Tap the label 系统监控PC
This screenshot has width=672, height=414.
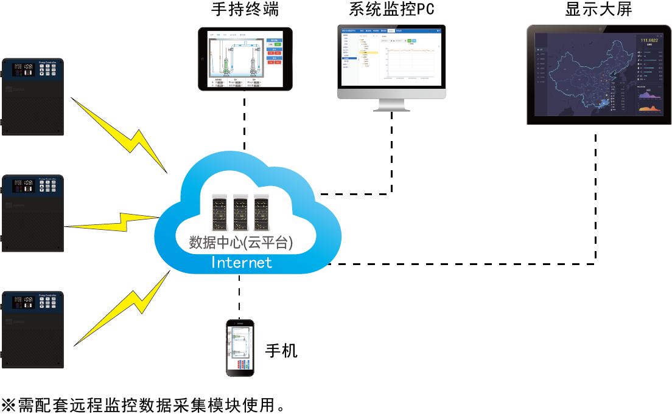click(392, 10)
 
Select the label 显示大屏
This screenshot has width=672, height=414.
click(598, 10)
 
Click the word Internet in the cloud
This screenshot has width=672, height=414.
click(241, 263)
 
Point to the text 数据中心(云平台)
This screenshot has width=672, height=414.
click(242, 243)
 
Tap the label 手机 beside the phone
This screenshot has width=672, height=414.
click(281, 351)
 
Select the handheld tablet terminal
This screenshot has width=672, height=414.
click(245, 59)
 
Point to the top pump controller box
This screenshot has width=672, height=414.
click(33, 97)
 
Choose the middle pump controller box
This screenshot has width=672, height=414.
click(33, 213)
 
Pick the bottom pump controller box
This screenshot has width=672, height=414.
click(33, 330)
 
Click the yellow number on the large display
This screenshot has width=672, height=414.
click(651, 40)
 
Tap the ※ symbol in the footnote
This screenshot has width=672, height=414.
click(9, 404)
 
